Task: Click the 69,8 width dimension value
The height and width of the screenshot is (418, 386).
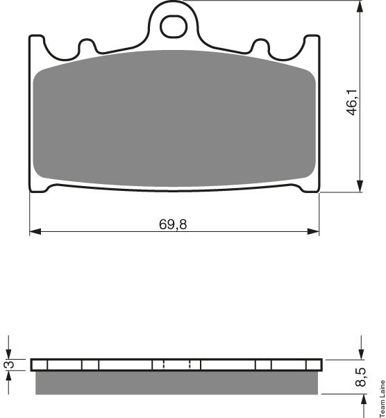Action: (173, 224)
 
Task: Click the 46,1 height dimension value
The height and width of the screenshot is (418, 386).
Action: (353, 102)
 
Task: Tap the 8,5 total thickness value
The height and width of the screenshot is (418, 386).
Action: (360, 376)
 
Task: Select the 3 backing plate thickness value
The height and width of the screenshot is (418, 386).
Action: (10, 364)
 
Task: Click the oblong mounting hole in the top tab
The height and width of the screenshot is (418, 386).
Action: (174, 26)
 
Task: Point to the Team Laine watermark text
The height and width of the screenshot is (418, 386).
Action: (382, 399)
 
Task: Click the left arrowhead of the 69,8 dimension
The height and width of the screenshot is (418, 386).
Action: (35, 231)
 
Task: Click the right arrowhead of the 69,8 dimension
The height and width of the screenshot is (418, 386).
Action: (313, 231)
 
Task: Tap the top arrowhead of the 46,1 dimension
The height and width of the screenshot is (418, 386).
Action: (360, 6)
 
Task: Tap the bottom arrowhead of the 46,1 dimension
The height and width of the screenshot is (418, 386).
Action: (360, 186)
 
